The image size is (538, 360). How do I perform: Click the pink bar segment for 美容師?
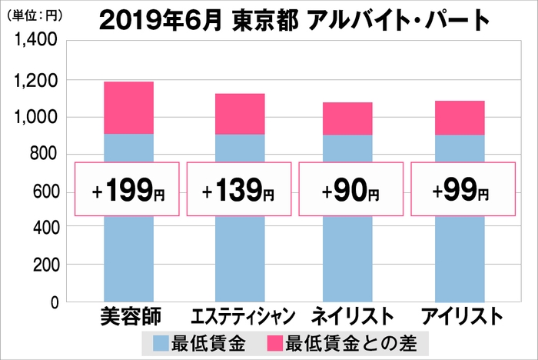click(128, 108)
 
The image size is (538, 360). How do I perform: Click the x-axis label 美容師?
click(128, 317)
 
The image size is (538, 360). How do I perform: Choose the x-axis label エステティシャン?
click(240, 317)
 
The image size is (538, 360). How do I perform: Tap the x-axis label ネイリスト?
click(350, 317)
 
